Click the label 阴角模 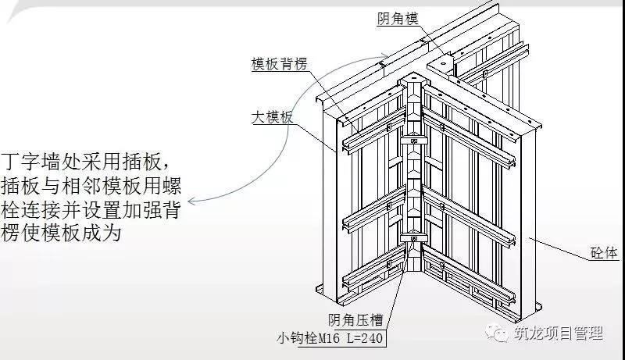pos(398,17)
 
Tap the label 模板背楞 pos(280,64)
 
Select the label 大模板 pos(272,117)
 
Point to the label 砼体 pos(604,253)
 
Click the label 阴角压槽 pos(355,319)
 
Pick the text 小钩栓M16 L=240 pos(330,338)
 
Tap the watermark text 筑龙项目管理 pos(558,333)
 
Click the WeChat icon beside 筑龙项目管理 pos(497,332)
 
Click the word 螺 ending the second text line pos(171,186)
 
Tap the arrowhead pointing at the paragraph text pos(191,201)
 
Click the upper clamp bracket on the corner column pos(414,141)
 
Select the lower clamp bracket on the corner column pos(414,238)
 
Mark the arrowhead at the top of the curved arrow pos(384,55)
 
